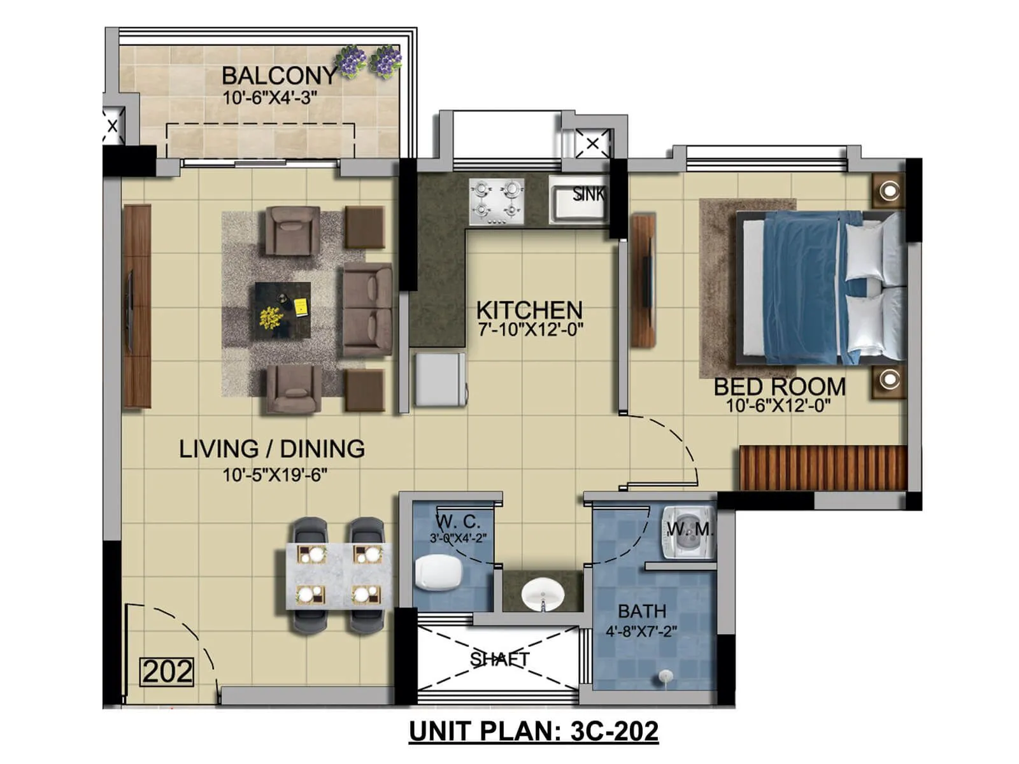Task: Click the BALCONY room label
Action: point(278,76)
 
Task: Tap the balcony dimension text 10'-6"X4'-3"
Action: point(269,98)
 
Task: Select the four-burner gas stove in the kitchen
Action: point(497,201)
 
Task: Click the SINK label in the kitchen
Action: point(587,194)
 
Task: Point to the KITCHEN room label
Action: point(529,310)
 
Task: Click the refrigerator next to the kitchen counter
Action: point(439,379)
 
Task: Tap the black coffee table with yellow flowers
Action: point(283,310)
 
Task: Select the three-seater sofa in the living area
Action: point(367,309)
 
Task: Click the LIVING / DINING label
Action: point(272,449)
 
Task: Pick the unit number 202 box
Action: point(167,672)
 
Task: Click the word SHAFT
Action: point(499,659)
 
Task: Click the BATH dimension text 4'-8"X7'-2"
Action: point(641,632)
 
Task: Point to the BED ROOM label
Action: point(780,386)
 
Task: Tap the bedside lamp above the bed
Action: point(889,190)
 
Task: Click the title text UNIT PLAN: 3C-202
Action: point(533,731)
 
